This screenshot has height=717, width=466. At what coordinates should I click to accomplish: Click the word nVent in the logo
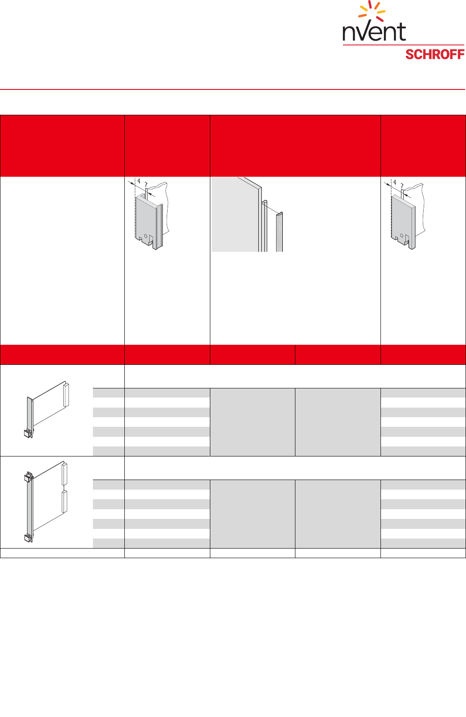coord(374,32)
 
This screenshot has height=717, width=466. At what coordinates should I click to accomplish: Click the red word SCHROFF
coord(435,55)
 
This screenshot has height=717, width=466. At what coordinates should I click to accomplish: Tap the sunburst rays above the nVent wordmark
coord(372,10)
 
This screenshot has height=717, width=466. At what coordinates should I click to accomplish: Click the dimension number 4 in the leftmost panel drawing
coord(139,181)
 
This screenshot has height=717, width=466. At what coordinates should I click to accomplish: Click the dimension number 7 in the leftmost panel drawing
coord(146,185)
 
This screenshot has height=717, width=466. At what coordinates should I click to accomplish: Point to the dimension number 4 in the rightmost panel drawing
coord(394,182)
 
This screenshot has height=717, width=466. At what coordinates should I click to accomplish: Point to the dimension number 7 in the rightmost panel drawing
coord(402,185)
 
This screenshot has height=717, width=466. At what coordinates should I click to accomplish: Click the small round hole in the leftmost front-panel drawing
coord(146,236)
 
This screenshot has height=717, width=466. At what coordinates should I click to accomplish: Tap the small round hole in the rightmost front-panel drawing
coord(402,236)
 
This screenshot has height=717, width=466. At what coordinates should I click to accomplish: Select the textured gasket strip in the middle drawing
coord(279,232)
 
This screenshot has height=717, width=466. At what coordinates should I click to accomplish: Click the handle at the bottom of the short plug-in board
coord(28,433)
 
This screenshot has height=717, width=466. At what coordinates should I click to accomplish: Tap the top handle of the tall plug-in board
coord(28,477)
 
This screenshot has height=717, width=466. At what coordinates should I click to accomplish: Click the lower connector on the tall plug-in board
coord(65,501)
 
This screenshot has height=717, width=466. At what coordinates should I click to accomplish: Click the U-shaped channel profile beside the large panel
coord(264,226)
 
